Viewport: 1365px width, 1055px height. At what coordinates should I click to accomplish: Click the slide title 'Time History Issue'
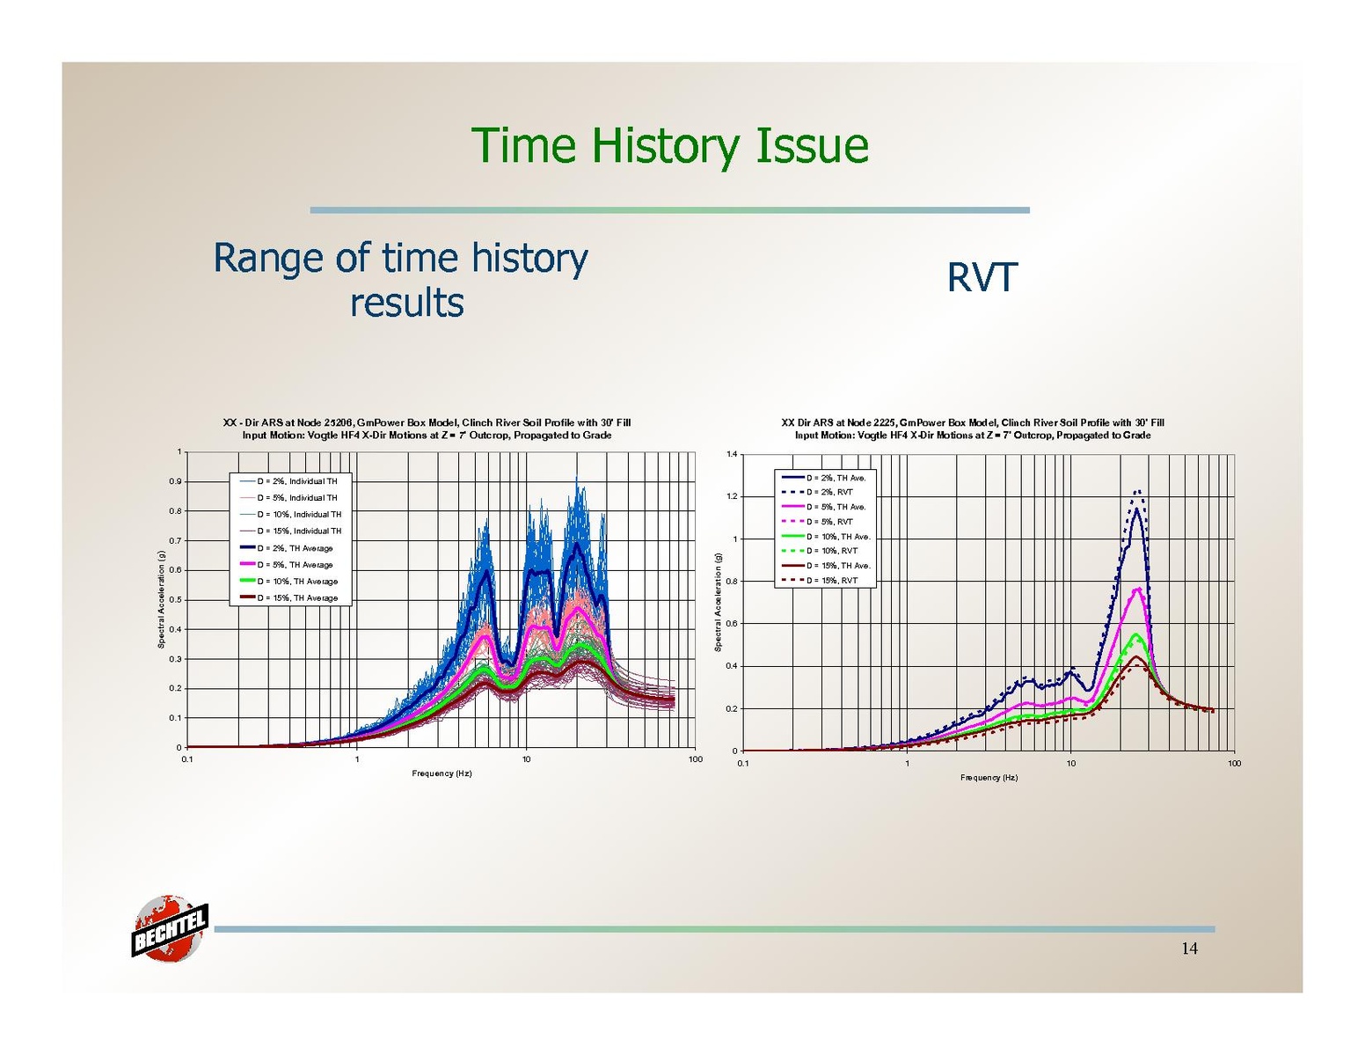coord(669,145)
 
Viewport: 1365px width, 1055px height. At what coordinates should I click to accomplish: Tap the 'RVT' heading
coord(981,278)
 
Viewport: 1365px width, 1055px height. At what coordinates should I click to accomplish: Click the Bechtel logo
coord(169,929)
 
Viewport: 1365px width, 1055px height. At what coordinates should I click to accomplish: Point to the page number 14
coord(1189,949)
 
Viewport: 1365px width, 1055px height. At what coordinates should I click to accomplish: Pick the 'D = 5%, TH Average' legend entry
coord(295,565)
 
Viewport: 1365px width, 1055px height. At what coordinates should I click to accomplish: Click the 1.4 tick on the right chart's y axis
coord(732,454)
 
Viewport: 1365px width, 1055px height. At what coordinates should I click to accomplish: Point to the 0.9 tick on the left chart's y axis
coord(175,481)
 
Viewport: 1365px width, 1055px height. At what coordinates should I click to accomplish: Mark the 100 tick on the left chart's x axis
coord(695,759)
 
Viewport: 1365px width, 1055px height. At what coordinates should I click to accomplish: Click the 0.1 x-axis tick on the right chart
coord(743,764)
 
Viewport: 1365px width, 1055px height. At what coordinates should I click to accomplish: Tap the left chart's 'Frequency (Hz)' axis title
coord(442,773)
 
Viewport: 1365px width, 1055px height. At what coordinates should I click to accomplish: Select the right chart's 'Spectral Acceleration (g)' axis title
coord(718,602)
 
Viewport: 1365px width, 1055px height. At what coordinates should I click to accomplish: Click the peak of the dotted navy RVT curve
coord(1137,491)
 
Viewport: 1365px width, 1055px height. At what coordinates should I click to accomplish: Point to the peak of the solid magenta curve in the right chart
coord(1138,588)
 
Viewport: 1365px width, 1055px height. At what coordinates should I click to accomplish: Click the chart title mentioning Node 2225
coord(972,429)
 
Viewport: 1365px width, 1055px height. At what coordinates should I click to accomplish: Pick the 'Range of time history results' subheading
coord(401,280)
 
